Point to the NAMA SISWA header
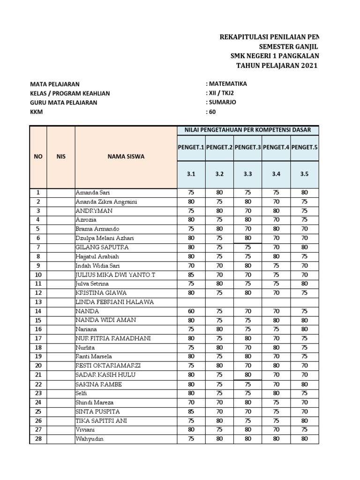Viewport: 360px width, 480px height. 126,157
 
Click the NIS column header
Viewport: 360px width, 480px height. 61,157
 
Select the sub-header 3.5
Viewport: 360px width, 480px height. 304,174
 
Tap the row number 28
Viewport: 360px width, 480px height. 38,439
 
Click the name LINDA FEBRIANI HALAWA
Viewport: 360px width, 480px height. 115,302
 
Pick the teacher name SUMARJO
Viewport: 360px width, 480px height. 221,102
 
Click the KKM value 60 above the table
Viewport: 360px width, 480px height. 211,112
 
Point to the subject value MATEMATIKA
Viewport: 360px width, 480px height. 226,84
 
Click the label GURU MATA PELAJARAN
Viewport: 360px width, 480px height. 64,102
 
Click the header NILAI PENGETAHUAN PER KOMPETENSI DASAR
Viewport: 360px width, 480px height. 247,130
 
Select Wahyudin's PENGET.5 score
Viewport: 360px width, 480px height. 304,439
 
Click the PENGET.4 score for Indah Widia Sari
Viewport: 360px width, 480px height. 276,265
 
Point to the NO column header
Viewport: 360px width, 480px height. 38,157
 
